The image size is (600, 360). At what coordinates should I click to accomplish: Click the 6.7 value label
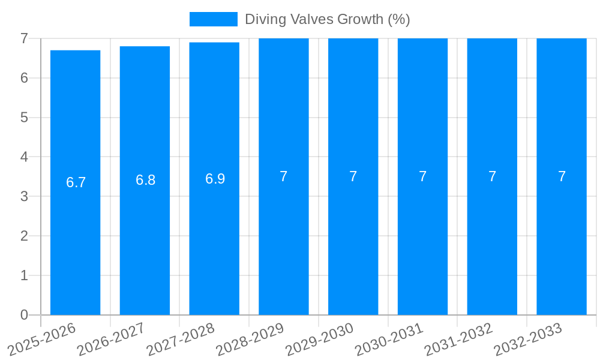click(x=76, y=182)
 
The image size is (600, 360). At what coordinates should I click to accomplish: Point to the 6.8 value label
click(x=145, y=180)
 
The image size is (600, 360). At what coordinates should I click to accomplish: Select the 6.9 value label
click(x=215, y=179)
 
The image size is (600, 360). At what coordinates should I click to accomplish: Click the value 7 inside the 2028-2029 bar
click(x=284, y=176)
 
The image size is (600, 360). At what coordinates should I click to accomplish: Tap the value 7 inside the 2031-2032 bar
click(x=492, y=176)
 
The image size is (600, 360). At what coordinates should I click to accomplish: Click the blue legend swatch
click(x=213, y=19)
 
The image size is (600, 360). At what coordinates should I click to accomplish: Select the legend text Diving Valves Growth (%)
click(x=327, y=19)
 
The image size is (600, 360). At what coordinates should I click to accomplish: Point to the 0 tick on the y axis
click(x=24, y=315)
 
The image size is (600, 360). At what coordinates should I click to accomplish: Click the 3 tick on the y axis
click(x=24, y=196)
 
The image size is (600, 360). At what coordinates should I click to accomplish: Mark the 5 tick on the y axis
click(x=24, y=118)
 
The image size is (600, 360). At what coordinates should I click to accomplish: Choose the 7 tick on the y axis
click(x=24, y=38)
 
